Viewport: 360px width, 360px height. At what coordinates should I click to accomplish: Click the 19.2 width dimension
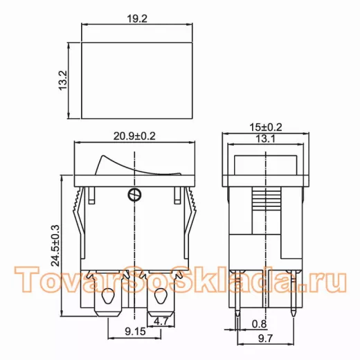pos(137,19)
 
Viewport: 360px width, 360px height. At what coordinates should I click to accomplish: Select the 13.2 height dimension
pos(63,80)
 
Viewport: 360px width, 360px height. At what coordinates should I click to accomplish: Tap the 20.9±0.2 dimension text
pos(134,136)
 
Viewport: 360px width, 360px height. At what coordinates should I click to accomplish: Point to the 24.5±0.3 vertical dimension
pos(55,245)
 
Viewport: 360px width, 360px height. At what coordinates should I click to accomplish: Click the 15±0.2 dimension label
pos(266,127)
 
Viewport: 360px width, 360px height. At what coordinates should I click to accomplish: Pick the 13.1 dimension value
pos(265,139)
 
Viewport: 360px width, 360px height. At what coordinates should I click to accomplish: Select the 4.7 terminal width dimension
pos(161,321)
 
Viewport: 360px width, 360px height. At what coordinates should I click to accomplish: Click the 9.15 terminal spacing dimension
pos(135,332)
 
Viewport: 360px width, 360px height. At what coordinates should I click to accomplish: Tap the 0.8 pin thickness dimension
pos(260,324)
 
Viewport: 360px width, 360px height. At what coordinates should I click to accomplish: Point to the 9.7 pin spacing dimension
pos(265,339)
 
